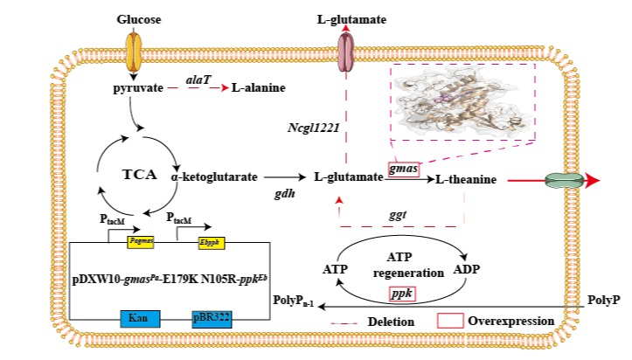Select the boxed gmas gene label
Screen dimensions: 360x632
pos(405,168)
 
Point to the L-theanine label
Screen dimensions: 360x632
pos(466,179)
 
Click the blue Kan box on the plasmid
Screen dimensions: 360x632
pos(134,319)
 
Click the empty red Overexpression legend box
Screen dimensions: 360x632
pos(449,321)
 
